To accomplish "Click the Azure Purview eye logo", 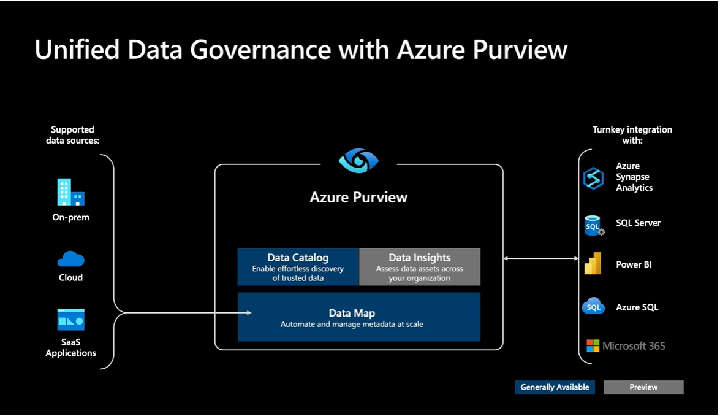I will [358, 161].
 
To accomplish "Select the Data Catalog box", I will [298, 267].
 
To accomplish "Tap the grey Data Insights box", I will [419, 267].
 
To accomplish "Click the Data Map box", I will [358, 317].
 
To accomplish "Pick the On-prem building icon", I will [70, 192].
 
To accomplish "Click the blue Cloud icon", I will [70, 259].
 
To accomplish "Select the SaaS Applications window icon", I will [70, 320].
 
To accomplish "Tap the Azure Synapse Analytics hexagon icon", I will [593, 178].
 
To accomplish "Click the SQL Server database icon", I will [593, 225].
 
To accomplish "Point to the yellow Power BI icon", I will [593, 264].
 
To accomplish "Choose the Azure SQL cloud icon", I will [593, 306].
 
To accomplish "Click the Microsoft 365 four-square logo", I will [593, 346].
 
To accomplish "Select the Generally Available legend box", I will [555, 387].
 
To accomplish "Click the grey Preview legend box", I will [643, 387].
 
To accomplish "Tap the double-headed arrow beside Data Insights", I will [540, 258].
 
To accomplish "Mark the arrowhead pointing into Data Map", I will [248, 313].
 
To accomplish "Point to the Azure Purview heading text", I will [358, 197].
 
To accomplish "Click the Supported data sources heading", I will [72, 135].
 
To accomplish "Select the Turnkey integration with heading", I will [632, 135].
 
